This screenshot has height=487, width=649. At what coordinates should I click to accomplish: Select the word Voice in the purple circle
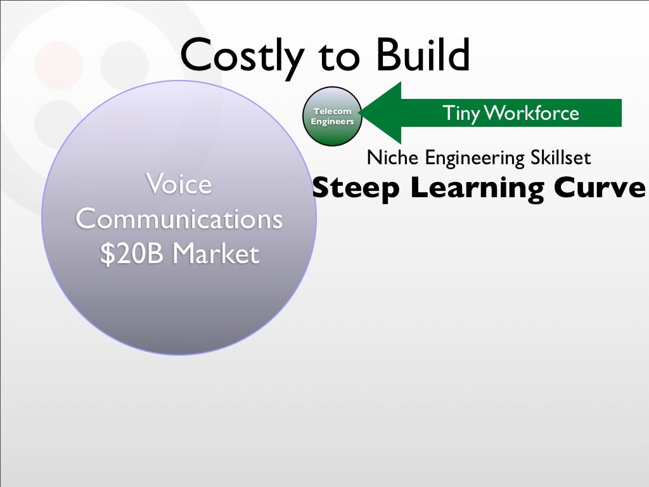pyautogui.click(x=178, y=185)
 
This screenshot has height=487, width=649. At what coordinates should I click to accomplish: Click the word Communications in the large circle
pyautogui.click(x=179, y=219)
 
